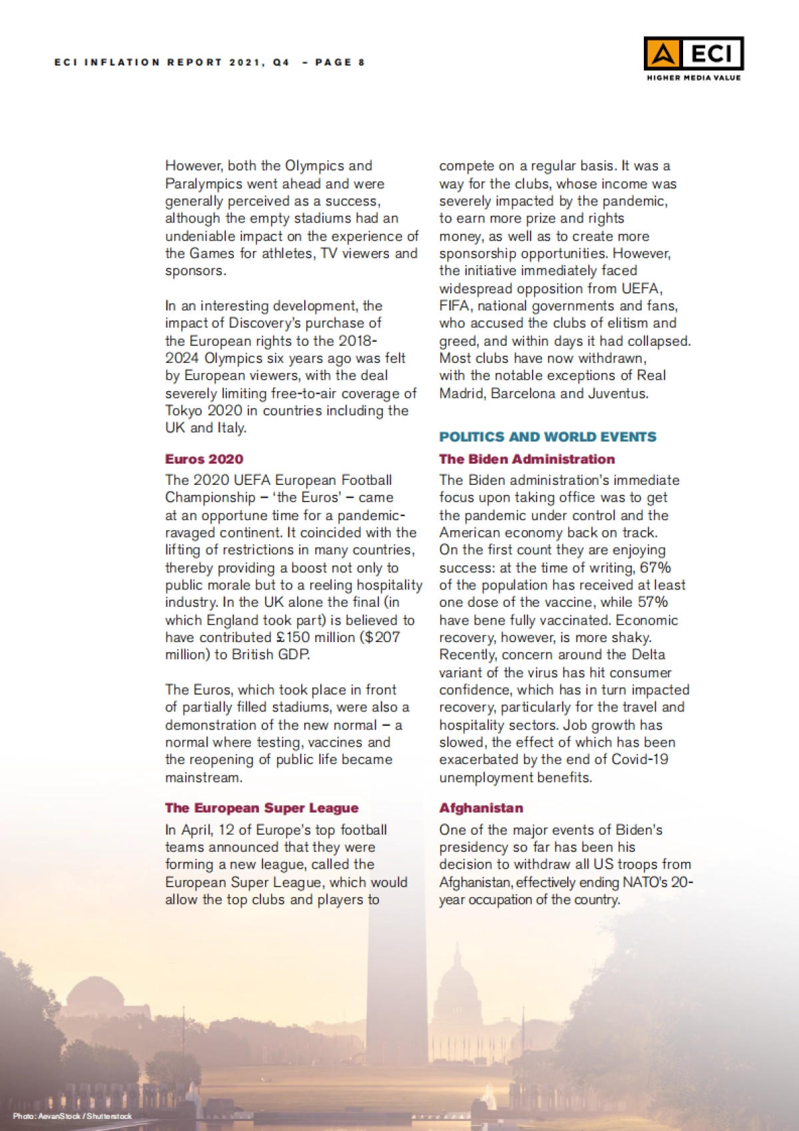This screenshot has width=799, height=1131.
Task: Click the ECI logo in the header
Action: click(693, 53)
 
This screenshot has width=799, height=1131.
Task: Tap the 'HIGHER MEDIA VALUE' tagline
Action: click(693, 78)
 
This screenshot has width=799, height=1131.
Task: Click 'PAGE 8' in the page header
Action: click(340, 63)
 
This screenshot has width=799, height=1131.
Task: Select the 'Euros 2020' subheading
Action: click(204, 459)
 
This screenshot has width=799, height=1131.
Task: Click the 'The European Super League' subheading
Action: click(262, 808)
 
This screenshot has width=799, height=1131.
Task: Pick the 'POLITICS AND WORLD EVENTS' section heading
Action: click(547, 437)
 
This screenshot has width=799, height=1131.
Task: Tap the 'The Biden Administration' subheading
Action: click(527, 459)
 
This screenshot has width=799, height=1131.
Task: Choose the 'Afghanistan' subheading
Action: click(481, 808)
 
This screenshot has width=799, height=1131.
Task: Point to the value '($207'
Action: click(380, 637)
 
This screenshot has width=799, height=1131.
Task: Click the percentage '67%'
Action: click(655, 567)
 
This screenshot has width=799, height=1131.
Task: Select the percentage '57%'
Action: click(652, 602)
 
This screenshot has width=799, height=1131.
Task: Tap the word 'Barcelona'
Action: click(523, 393)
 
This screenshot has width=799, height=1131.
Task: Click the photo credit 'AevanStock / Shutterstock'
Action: click(85, 1116)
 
